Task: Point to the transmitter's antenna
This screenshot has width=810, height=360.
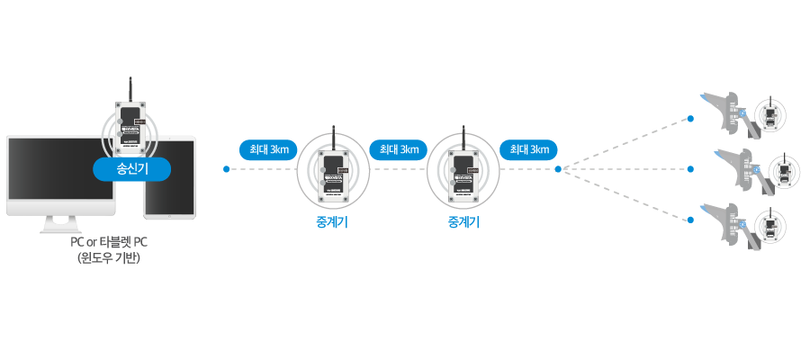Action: pyautogui.click(x=131, y=90)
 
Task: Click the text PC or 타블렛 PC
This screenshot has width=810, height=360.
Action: pyautogui.click(x=110, y=243)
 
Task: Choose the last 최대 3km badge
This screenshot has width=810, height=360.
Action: pyautogui.click(x=528, y=149)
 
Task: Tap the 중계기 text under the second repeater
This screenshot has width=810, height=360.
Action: pyautogui.click(x=463, y=222)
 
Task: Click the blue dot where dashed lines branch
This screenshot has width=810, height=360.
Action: pyautogui.click(x=558, y=168)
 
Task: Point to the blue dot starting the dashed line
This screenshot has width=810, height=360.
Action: pyautogui.click(x=225, y=168)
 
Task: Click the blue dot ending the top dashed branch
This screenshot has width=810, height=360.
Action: pyautogui.click(x=691, y=118)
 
